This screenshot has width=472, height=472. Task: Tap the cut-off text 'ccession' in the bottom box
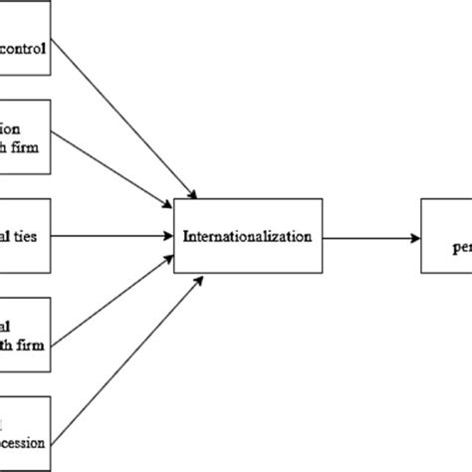pos(27,435)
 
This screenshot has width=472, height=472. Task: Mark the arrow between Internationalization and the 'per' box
pos(369,237)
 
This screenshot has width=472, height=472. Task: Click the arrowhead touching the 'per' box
pos(413,237)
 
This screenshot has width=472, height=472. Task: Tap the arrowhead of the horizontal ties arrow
pos(168,236)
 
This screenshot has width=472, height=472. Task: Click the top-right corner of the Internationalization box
pos(322,199)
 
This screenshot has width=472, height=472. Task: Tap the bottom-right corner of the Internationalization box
pos(322,276)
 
